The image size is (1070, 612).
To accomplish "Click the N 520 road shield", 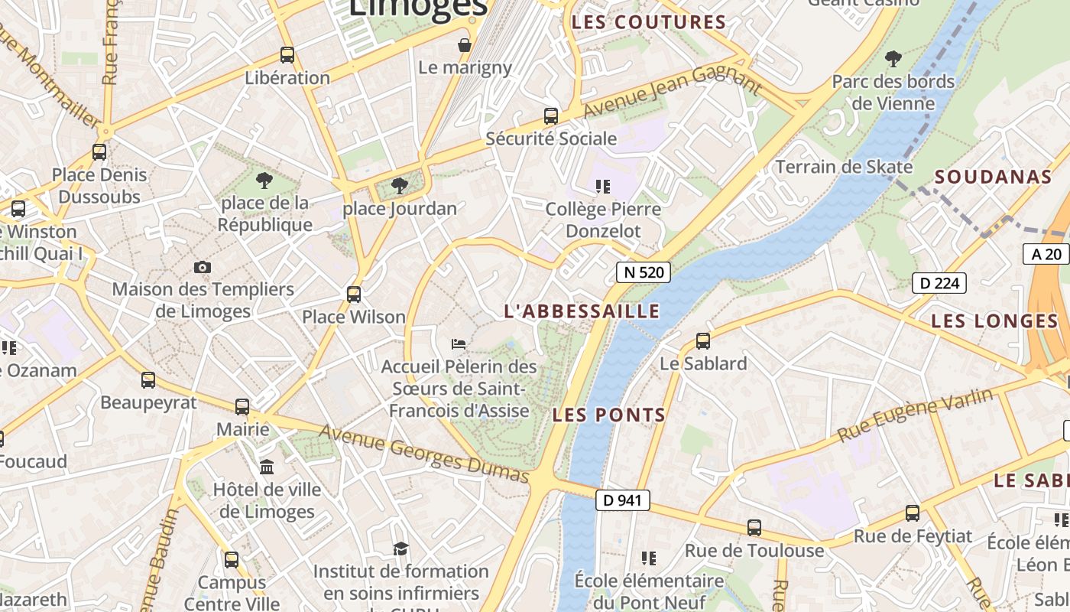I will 644,272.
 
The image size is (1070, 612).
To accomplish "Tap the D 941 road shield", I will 622,500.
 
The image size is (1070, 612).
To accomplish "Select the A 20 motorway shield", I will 1046,254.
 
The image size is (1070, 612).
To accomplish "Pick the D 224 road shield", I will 939,283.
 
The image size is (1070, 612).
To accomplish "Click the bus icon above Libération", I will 287,55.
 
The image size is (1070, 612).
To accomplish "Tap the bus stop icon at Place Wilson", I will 354,294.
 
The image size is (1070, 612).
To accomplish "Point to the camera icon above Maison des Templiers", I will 203,267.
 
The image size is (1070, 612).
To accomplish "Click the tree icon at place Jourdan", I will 399,185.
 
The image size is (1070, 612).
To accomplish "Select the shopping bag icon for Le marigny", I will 464,45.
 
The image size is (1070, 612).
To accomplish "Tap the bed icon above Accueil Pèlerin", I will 459,344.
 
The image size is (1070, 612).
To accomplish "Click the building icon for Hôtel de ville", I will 267,467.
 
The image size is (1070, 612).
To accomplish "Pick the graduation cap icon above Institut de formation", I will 400,549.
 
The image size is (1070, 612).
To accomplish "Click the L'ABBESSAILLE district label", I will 582,311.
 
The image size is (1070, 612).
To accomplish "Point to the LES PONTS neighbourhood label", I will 608,415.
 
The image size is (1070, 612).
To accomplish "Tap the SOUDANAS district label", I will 994,177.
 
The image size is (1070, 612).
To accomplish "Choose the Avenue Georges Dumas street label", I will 424,454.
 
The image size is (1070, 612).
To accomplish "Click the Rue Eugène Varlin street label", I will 916,414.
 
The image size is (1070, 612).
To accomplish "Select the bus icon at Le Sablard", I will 703,341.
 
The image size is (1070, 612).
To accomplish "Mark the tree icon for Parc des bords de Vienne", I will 893,58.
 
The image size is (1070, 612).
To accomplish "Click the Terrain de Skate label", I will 844,167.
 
